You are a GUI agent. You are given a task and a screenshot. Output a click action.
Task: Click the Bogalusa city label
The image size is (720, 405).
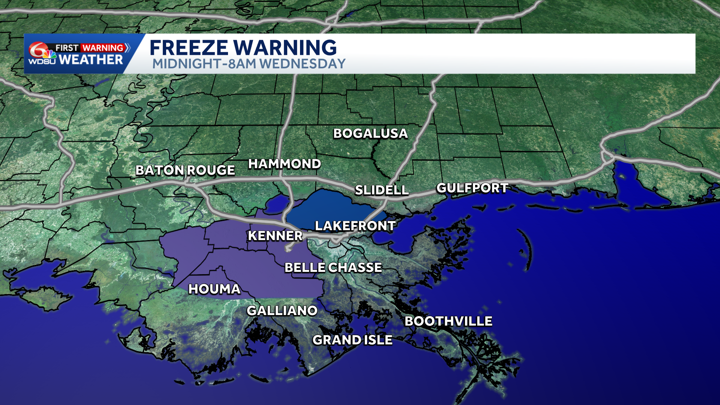370,133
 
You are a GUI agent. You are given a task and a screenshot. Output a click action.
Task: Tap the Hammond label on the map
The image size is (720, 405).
284,164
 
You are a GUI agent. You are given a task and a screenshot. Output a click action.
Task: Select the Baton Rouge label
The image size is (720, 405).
185,170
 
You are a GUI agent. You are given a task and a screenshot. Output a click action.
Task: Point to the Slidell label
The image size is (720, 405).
381,190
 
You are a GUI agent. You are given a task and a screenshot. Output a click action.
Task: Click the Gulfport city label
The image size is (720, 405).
472,188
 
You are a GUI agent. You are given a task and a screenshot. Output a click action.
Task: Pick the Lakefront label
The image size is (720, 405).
355,226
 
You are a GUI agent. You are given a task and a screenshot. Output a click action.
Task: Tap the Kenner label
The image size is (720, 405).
275,235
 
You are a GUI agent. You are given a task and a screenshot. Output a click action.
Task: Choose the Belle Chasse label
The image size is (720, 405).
333,267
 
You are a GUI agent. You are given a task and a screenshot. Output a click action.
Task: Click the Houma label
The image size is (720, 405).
214,289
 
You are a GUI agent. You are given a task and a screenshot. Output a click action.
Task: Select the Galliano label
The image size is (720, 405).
282,310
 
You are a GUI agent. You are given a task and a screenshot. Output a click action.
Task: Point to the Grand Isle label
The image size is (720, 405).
352,340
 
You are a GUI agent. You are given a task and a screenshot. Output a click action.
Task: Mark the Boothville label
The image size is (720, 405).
448,321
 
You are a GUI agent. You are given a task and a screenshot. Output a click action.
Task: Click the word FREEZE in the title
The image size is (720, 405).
188,48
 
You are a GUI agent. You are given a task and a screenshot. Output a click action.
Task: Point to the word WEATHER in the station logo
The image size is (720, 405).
91,60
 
